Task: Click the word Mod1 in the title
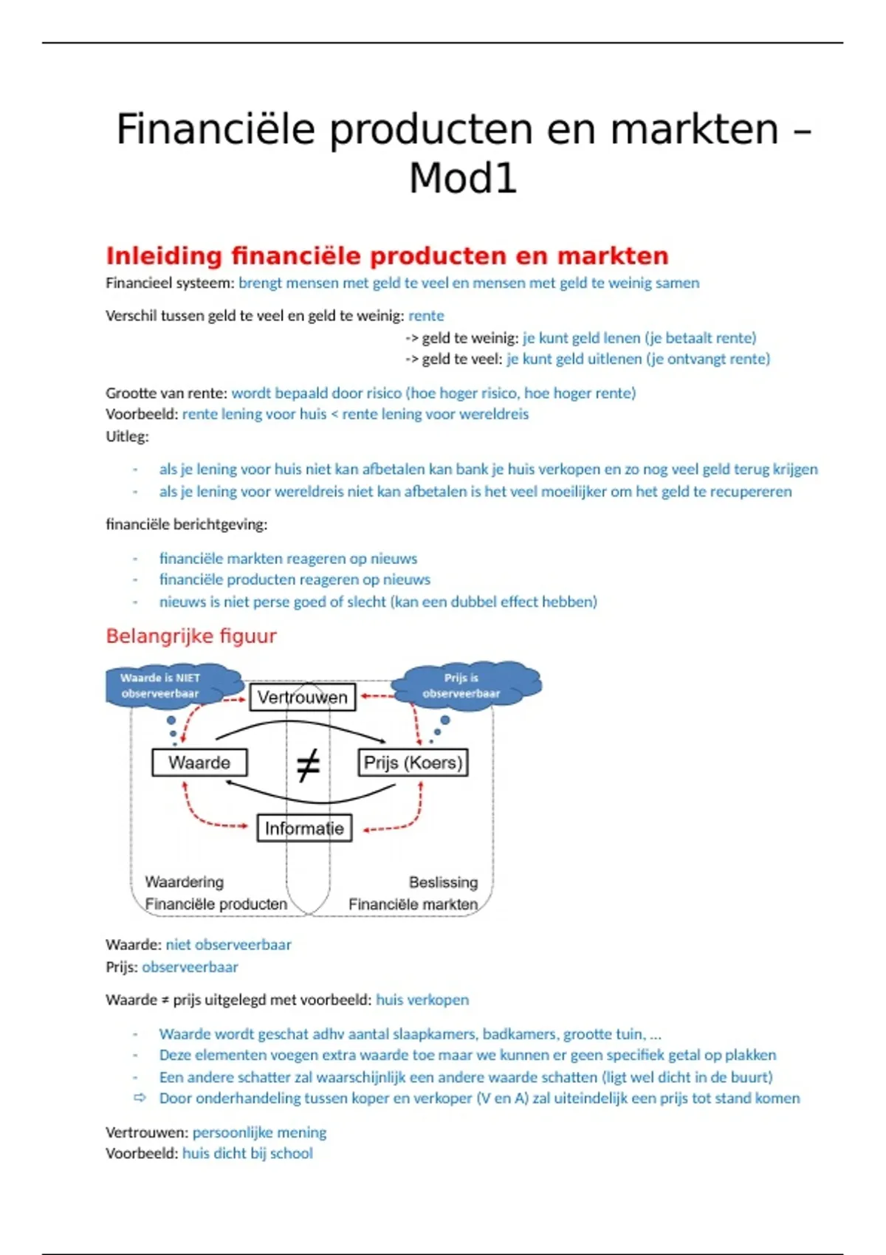[463, 179]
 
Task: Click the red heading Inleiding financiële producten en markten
[387, 255]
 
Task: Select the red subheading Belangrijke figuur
[191, 636]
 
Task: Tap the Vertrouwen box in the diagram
[303, 697]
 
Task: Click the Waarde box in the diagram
[199, 763]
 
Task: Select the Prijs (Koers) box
[413, 763]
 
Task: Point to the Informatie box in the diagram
[304, 828]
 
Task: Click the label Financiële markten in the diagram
[413, 904]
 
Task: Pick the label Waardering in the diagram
[184, 881]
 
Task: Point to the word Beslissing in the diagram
[443, 882]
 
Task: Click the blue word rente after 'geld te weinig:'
[426, 316]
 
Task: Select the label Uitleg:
[127, 436]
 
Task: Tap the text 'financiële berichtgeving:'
[186, 525]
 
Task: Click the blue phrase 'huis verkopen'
[422, 1000]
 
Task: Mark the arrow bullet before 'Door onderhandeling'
[140, 1098]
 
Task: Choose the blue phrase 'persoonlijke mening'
[259, 1132]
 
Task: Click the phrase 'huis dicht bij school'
[247, 1153]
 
